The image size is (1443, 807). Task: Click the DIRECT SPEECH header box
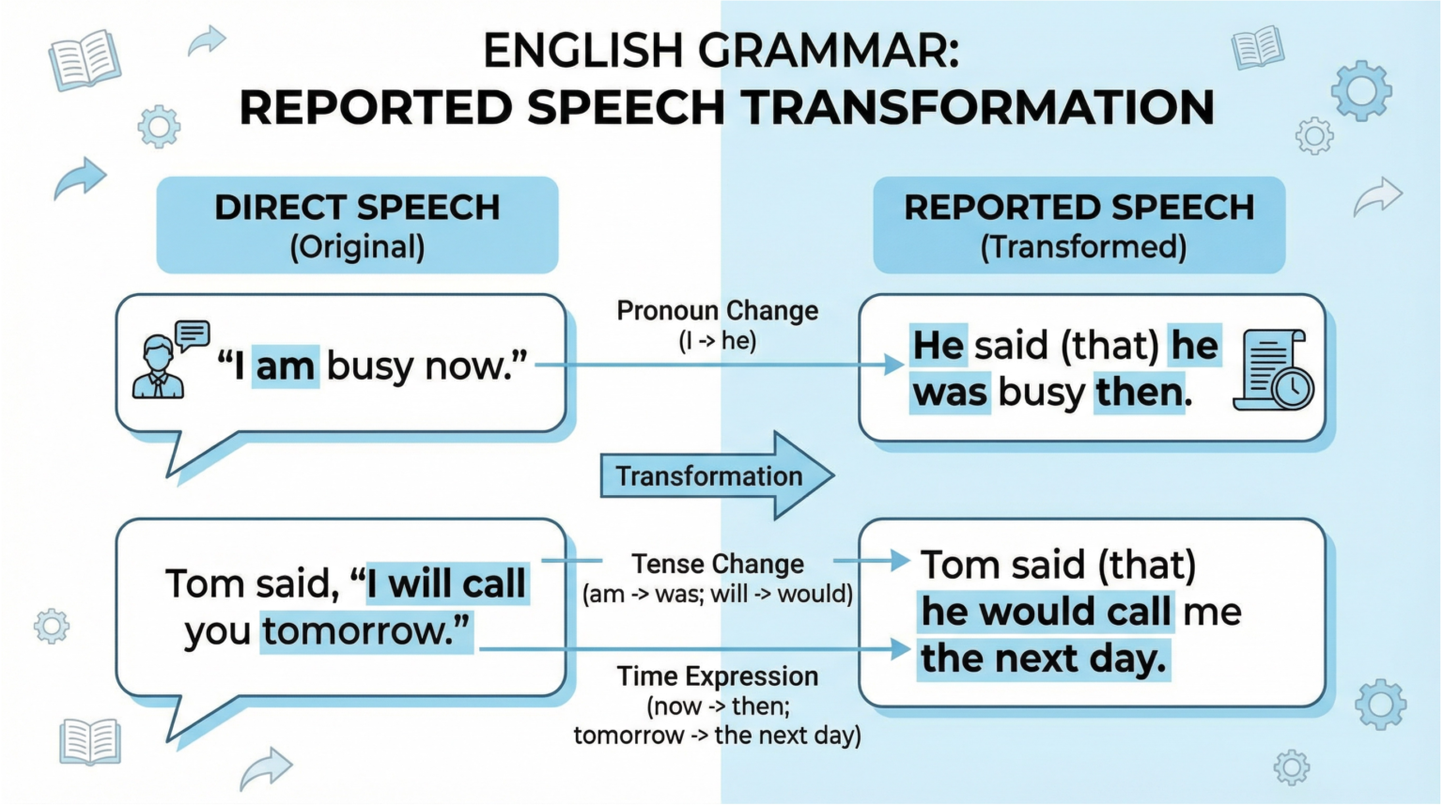tap(357, 225)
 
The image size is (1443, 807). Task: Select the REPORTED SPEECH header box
tap(1078, 225)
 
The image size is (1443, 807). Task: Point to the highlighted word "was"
tap(951, 393)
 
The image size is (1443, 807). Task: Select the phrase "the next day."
tap(1044, 659)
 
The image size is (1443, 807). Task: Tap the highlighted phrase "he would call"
tap(1046, 612)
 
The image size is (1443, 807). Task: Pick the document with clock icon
tap(1277, 369)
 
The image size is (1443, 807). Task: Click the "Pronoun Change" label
tap(717, 311)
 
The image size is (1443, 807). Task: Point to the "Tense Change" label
tap(718, 564)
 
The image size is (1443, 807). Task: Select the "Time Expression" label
tap(717, 676)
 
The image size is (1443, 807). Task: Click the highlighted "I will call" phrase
tap(447, 583)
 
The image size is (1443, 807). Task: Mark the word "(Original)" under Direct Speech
tap(357, 247)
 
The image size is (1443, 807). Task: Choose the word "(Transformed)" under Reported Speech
tap(1083, 247)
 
